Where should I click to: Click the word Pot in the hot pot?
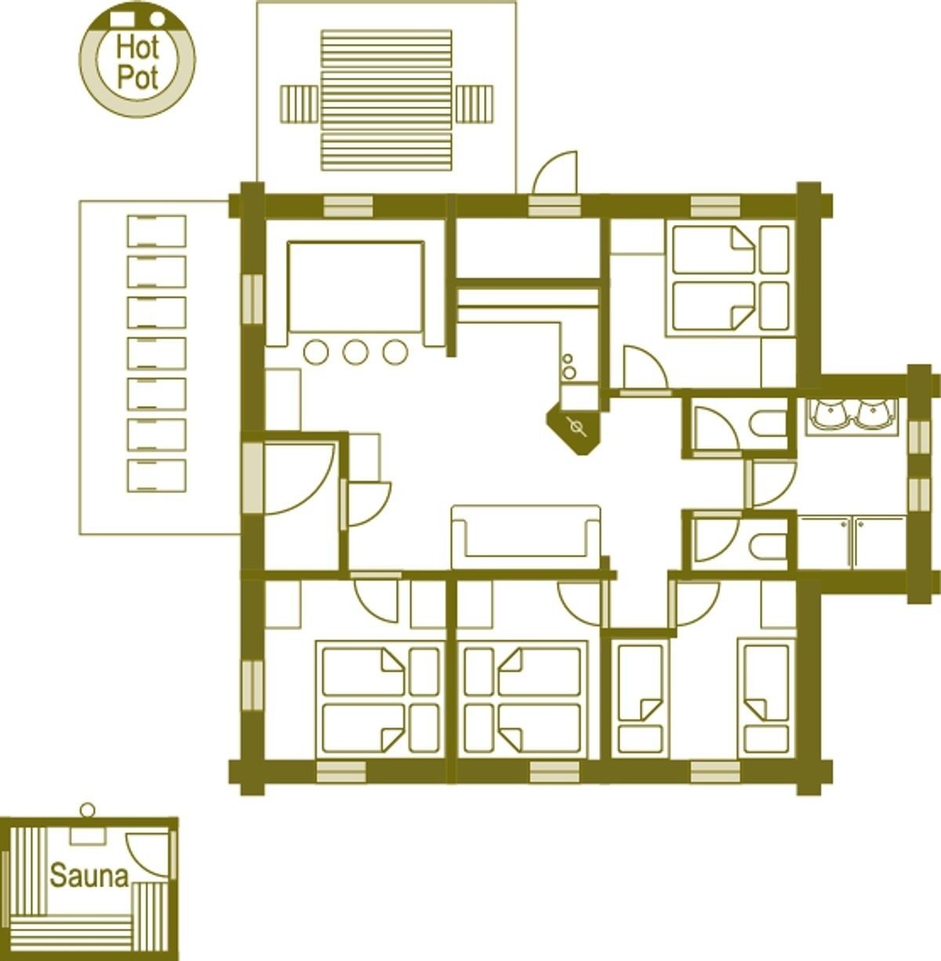tap(137, 78)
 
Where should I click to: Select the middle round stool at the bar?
tap(355, 352)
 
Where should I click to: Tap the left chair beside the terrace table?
tap(300, 103)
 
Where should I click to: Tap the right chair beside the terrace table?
tap(474, 103)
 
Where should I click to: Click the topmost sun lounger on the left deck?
tap(157, 231)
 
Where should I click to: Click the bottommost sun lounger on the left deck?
tap(157, 475)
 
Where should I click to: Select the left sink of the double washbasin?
tap(830, 414)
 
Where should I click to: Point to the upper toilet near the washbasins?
tap(768, 424)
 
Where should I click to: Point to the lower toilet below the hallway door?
tap(768, 548)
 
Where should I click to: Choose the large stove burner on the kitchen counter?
tap(569, 372)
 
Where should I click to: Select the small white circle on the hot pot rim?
tap(158, 19)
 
